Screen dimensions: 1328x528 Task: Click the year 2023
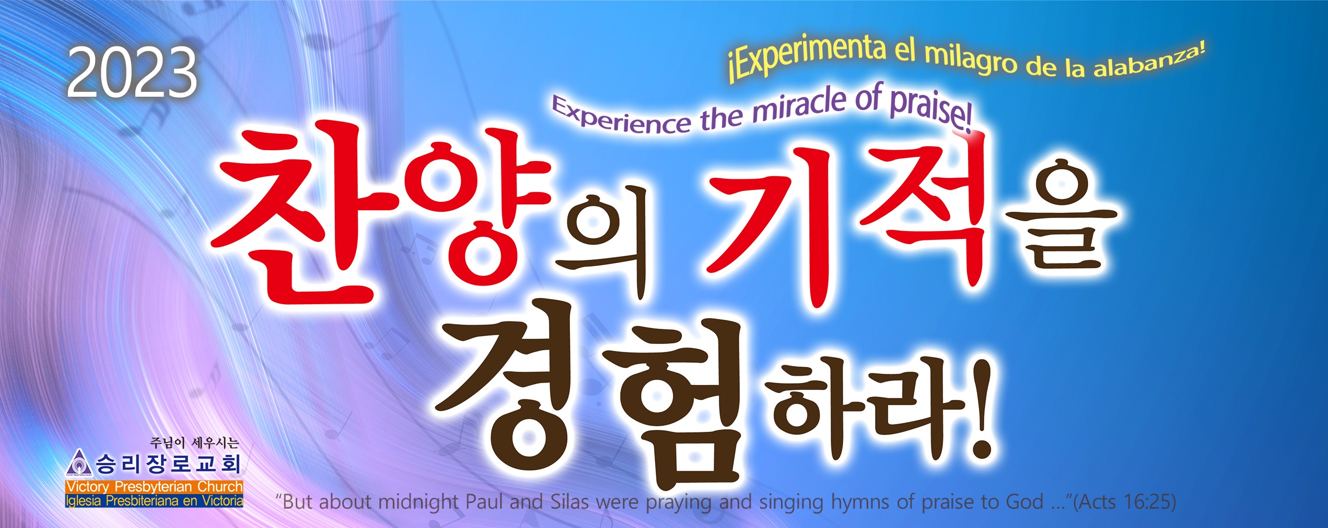(132, 72)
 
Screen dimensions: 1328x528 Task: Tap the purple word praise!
(930, 107)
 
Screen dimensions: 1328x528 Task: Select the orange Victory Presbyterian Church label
(154, 487)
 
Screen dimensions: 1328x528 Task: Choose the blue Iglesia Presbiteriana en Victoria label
(154, 501)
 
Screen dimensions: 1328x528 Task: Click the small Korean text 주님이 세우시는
(194, 443)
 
